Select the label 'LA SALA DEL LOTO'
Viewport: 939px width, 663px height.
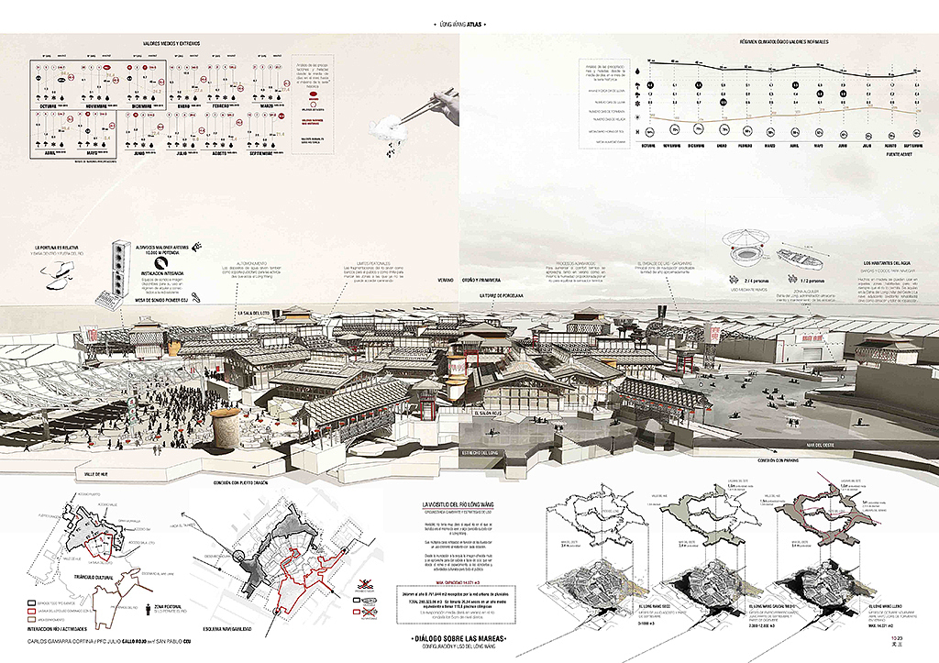257,313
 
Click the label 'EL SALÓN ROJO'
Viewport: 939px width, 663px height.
489,414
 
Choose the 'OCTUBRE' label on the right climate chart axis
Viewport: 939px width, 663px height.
652,144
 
